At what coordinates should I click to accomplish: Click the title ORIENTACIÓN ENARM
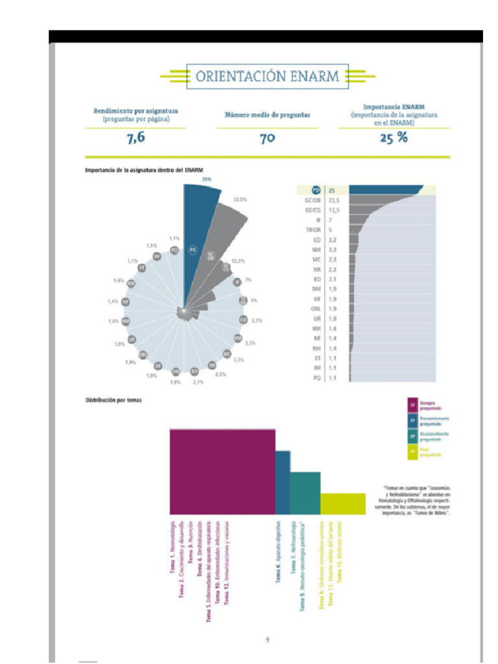tap(267, 77)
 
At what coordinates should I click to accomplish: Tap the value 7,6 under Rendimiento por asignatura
tap(136, 137)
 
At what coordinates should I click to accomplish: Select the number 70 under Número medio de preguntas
tap(267, 138)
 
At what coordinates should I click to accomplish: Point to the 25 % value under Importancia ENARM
tap(394, 137)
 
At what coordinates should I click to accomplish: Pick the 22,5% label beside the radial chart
tap(240, 199)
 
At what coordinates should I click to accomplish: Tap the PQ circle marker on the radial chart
tap(174, 250)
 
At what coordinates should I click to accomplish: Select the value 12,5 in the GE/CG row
tap(334, 210)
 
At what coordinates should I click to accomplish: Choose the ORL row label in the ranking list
tap(314, 309)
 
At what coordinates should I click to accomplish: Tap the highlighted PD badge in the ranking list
tap(316, 190)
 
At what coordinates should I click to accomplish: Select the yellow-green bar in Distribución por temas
tap(342, 503)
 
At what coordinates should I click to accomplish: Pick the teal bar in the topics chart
tap(305, 492)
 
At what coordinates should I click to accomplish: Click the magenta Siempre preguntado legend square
tap(412, 405)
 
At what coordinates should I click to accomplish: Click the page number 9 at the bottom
tap(267, 640)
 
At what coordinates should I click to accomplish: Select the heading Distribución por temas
tap(113, 400)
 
